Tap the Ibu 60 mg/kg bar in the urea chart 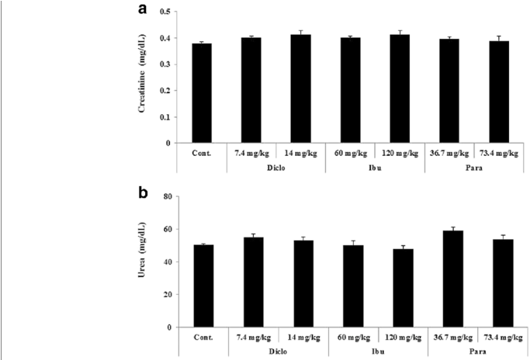pyautogui.click(x=349, y=286)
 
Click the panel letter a pyautogui.click(x=142, y=10)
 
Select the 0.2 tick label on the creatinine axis pyautogui.click(x=164, y=91)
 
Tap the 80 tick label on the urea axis pyautogui.click(x=166, y=197)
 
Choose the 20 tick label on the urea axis pyautogui.click(x=166, y=295)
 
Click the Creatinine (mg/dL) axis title pyautogui.click(x=144, y=78)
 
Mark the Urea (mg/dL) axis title pyautogui.click(x=144, y=262)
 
